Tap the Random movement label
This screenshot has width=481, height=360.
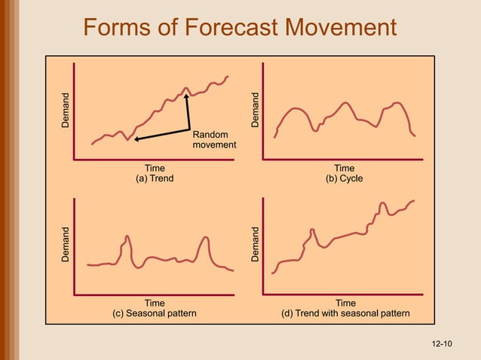(214, 139)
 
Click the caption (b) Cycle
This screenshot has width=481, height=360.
(344, 179)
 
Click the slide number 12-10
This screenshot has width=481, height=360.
(442, 344)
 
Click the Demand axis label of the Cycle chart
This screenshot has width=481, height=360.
(256, 110)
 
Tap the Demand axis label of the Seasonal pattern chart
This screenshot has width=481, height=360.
(66, 244)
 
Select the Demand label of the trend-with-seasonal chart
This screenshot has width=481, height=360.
(256, 244)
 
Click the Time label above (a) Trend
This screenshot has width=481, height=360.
(155, 169)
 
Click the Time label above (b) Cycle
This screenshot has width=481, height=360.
(344, 169)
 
